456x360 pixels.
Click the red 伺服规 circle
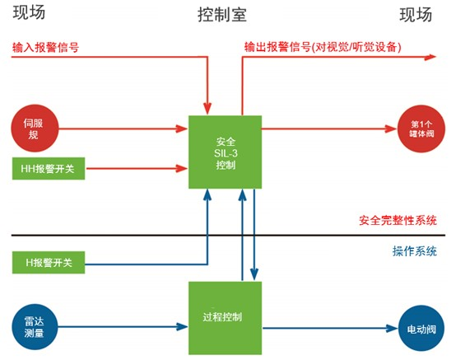tap(35, 129)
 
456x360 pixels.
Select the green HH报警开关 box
tap(49, 169)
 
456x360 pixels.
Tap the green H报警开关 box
tap(49, 263)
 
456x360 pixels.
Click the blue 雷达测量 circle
tap(35, 327)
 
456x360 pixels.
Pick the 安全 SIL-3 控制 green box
tap(225, 152)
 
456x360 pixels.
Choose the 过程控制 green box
tap(225, 318)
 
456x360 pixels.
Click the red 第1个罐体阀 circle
tap(421, 129)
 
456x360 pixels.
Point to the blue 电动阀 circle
tap(421, 328)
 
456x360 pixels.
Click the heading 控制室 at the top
tap(222, 15)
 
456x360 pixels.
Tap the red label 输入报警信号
tap(45, 47)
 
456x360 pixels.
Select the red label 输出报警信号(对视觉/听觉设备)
tap(323, 47)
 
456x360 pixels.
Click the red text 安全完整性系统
tap(398, 220)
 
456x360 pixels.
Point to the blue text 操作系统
tap(415, 251)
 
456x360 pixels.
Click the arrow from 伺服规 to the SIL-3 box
tap(123, 129)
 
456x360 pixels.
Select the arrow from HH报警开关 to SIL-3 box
tap(137, 168)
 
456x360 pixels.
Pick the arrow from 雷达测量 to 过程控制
tap(123, 327)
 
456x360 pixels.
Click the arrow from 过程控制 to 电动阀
tap(330, 329)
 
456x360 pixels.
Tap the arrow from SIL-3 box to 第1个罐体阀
tap(329, 129)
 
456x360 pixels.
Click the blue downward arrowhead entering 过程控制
tap(254, 274)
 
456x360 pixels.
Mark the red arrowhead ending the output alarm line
tap(430, 57)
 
